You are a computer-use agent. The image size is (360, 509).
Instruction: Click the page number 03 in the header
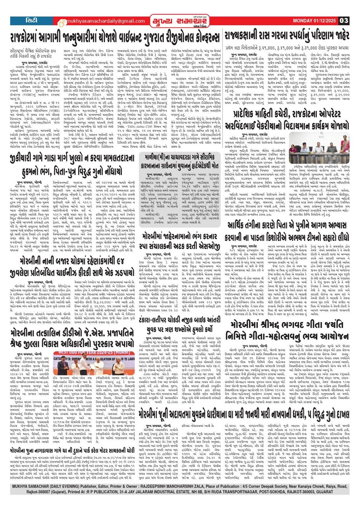coord(344,21)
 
